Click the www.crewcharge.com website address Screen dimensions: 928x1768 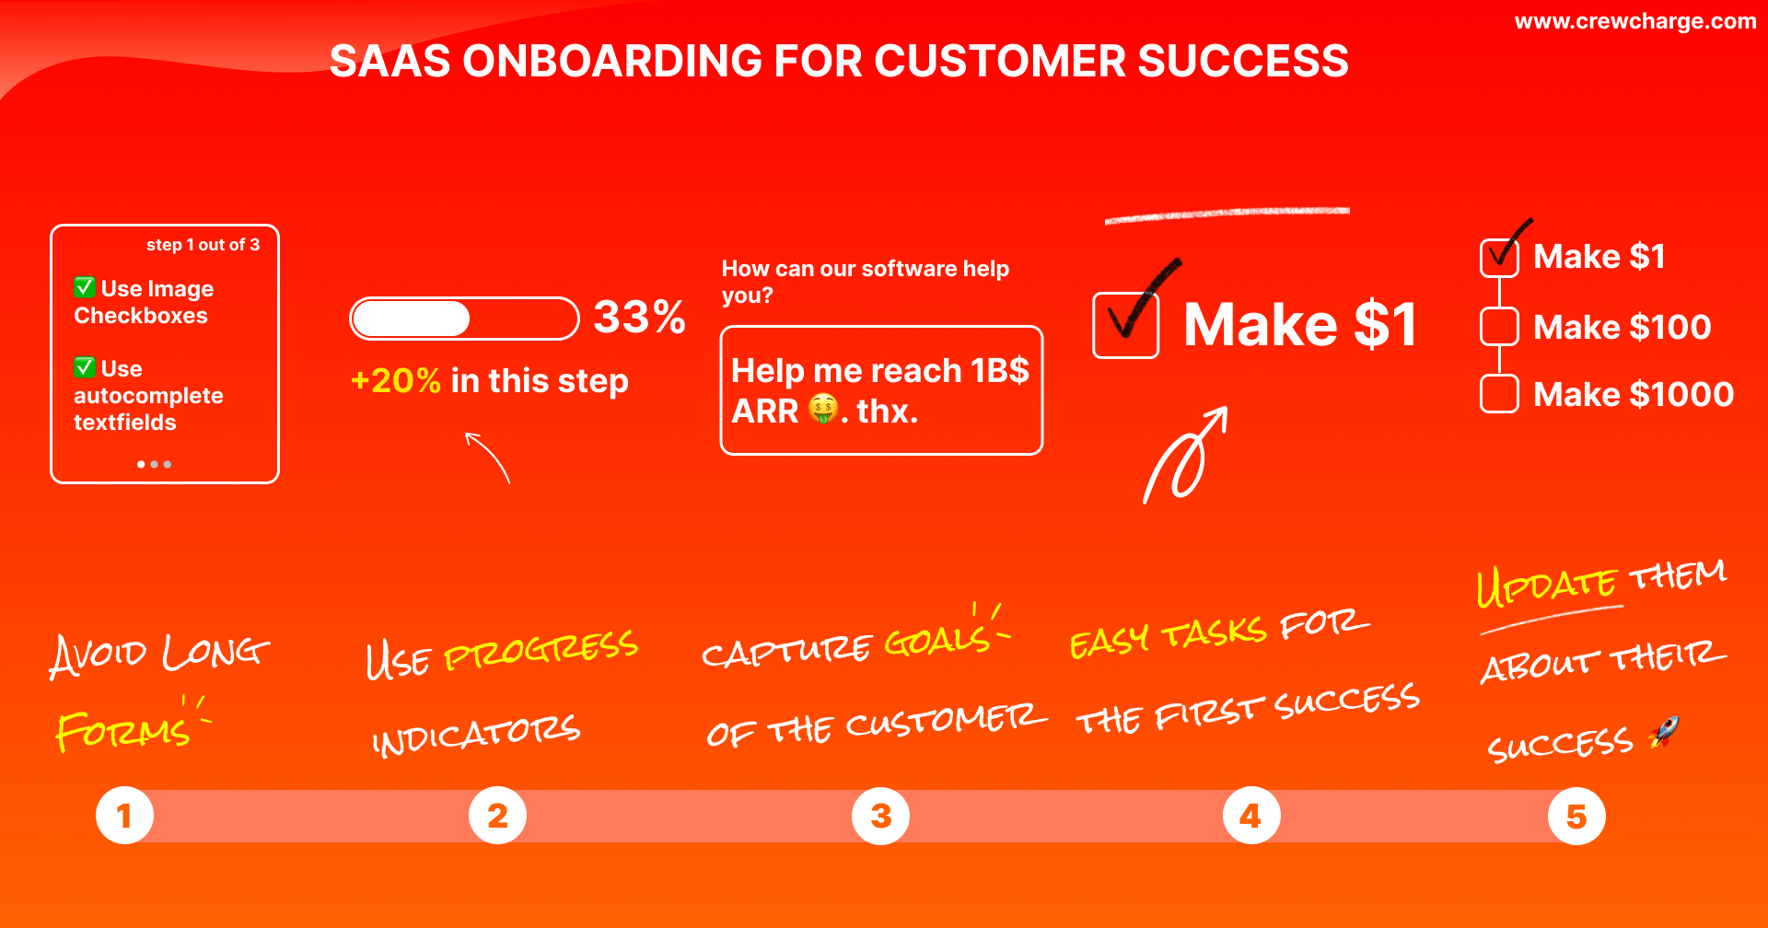click(x=1634, y=21)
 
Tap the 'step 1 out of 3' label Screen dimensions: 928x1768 click(x=203, y=245)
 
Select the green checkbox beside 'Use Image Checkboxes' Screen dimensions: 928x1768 click(x=85, y=287)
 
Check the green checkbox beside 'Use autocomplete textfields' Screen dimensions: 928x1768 click(x=85, y=367)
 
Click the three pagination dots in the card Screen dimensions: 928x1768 click(x=154, y=464)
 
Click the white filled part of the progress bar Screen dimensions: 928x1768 click(x=412, y=319)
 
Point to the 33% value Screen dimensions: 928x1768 click(x=639, y=318)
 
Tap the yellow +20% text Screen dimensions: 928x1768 click(x=396, y=380)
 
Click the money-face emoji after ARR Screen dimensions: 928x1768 click(x=823, y=409)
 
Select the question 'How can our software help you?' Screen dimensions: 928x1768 click(x=865, y=282)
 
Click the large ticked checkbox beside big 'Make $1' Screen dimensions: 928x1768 click(x=1125, y=324)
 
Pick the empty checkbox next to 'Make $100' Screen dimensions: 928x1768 click(x=1499, y=327)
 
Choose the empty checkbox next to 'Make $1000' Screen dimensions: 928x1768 click(x=1499, y=394)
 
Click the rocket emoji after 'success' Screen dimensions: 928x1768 click(x=1663, y=733)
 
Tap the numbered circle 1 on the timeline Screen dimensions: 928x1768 click(x=124, y=816)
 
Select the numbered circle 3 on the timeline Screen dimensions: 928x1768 click(x=880, y=816)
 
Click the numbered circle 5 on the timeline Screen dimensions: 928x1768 click(x=1576, y=816)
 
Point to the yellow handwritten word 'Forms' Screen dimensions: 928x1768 click(x=123, y=731)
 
